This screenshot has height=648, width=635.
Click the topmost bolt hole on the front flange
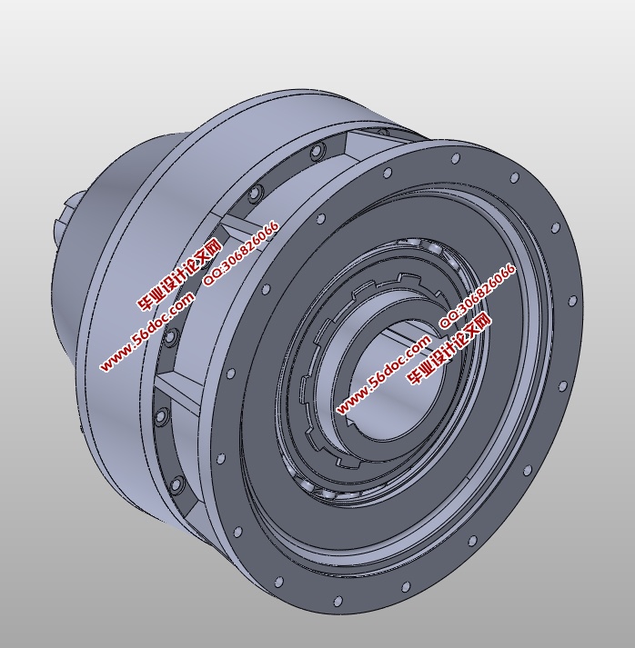click(x=455, y=159)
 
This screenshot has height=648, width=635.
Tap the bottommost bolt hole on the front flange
click(x=338, y=602)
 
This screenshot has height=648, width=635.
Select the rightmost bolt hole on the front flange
click(x=573, y=301)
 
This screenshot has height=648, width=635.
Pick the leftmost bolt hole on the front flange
click(x=221, y=459)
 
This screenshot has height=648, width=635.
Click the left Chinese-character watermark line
click(x=179, y=275)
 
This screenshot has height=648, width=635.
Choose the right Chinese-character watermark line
click(x=449, y=348)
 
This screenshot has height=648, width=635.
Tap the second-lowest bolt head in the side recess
click(x=162, y=417)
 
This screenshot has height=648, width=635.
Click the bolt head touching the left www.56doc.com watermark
click(x=170, y=338)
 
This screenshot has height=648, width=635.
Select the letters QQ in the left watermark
click(x=213, y=277)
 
